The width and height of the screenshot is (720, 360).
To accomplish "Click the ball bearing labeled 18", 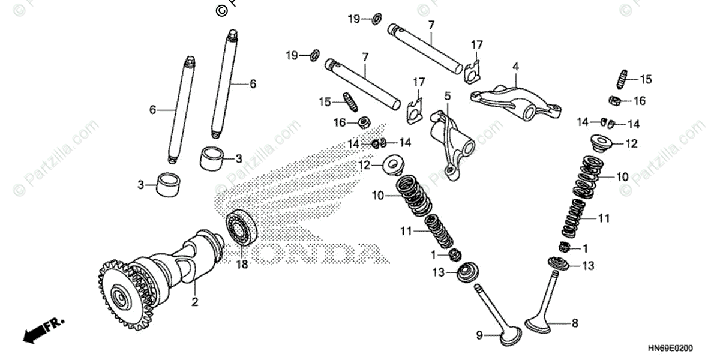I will [242, 228].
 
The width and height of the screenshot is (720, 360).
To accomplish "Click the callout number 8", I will [575, 323].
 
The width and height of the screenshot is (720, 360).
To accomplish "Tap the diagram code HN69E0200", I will [671, 349].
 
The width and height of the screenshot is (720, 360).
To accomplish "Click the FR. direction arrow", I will [42, 331].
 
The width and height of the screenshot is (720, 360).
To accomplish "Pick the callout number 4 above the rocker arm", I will [515, 67].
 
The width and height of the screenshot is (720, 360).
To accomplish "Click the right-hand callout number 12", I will [632, 144].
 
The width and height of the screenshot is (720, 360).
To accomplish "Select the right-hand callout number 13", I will [588, 266].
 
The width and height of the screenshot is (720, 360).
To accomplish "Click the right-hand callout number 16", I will [639, 101].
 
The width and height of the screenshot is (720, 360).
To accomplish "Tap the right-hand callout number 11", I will [604, 218].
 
